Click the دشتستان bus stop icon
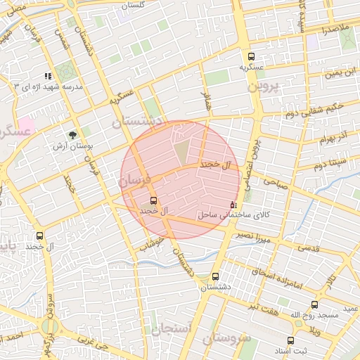[x=215, y=276]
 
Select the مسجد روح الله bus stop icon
[x=314, y=305]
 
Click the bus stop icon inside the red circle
[x=154, y=200]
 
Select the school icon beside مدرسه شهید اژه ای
[x=48, y=76]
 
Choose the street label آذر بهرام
[x=334, y=136]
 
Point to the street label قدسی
[x=309, y=247]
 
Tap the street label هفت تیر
[x=261, y=310]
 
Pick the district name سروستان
[x=226, y=338]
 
